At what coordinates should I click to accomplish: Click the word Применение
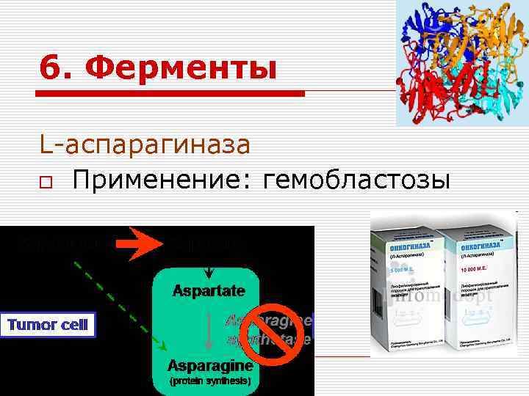click(154, 179)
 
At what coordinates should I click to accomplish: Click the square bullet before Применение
click(46, 180)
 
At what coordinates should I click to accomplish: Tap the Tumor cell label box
click(49, 326)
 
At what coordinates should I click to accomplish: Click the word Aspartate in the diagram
click(209, 291)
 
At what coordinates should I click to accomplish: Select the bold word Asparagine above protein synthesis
click(210, 364)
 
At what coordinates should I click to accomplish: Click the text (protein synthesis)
click(210, 381)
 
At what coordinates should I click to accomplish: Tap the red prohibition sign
click(273, 331)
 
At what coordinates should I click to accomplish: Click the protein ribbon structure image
click(461, 62)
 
